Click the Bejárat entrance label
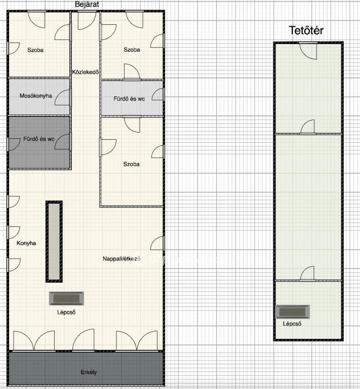point(87,5)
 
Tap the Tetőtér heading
point(306,30)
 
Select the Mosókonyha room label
point(36,96)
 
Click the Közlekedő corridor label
point(86,72)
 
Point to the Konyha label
point(26,243)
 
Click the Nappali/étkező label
point(122,259)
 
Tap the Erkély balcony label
point(89,372)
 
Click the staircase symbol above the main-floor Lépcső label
point(66,298)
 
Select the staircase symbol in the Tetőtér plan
point(293,312)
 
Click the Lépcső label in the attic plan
point(292,324)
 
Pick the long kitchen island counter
point(54,242)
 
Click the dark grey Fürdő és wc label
point(39,139)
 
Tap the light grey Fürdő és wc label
point(129,99)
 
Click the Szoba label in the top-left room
point(35,50)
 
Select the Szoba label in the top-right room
point(132,50)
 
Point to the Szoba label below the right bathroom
point(132,164)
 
